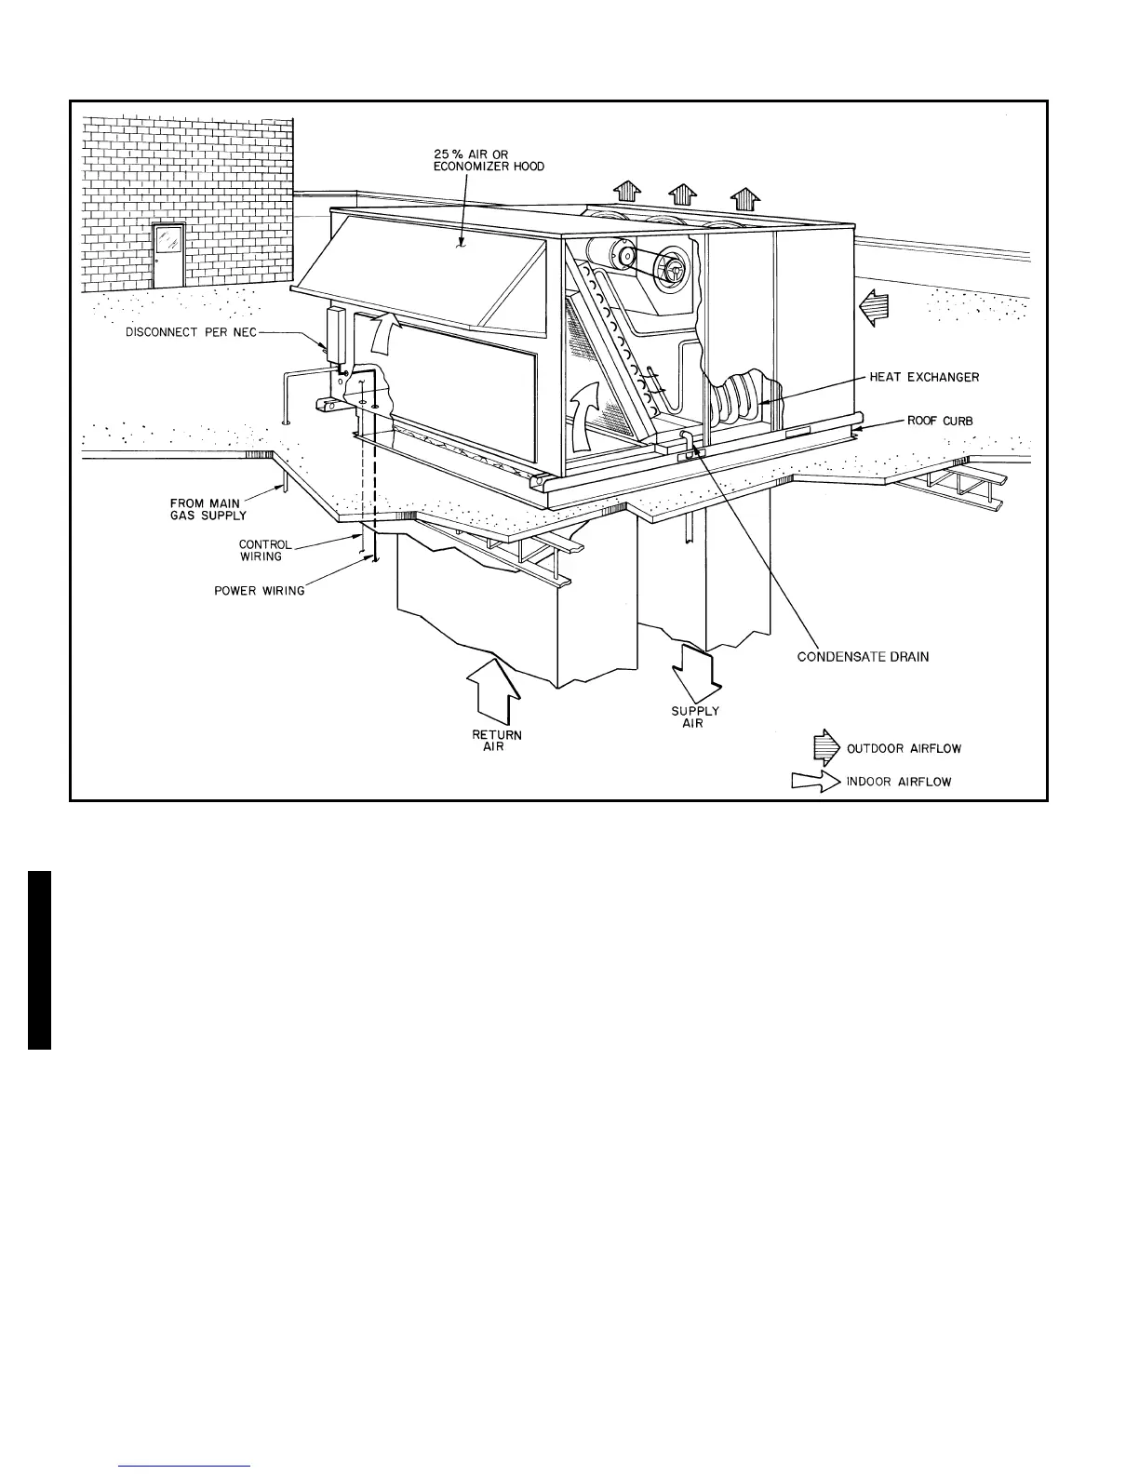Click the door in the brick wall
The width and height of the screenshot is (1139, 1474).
coord(168,256)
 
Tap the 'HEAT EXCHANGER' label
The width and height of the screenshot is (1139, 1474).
coord(924,378)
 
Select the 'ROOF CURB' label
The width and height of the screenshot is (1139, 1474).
coord(940,421)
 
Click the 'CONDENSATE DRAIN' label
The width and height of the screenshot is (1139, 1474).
coord(863,657)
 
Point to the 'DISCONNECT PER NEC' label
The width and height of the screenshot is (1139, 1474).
coord(192,333)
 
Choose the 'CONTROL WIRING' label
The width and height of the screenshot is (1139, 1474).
coord(264,551)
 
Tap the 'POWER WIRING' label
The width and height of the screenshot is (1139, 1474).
coord(259,591)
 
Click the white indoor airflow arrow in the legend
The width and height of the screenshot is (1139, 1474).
coord(814,783)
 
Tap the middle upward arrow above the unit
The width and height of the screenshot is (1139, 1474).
coord(683,194)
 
